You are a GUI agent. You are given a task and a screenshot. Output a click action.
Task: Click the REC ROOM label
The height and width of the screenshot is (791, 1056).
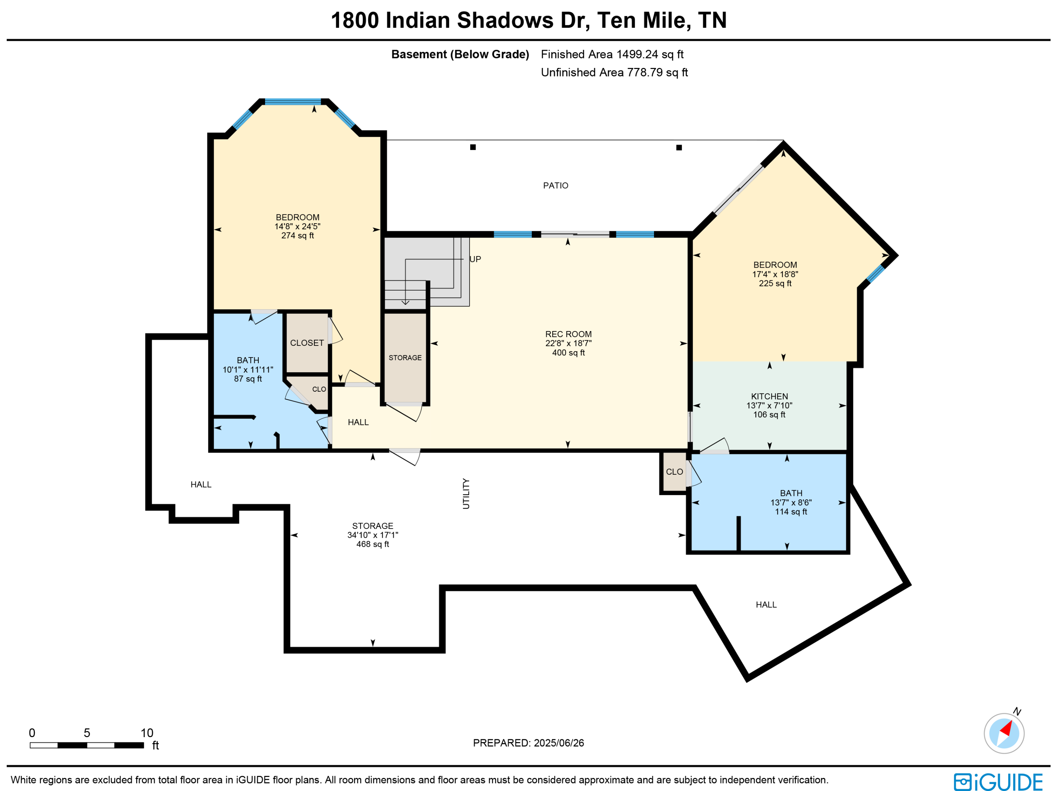pyautogui.click(x=568, y=334)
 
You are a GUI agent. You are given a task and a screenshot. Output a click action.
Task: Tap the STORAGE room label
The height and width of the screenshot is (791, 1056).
pyautogui.click(x=405, y=358)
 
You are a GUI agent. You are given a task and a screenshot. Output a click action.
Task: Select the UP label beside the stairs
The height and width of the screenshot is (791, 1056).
pyautogui.click(x=475, y=259)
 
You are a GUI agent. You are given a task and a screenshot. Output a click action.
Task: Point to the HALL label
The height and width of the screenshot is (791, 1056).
pyautogui.click(x=358, y=422)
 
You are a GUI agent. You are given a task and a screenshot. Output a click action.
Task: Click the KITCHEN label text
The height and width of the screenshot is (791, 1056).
pyautogui.click(x=769, y=397)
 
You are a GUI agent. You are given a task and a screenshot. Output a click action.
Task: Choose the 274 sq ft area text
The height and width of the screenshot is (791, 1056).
pyautogui.click(x=297, y=236)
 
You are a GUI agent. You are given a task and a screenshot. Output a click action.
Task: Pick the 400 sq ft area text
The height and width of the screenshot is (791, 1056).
pyautogui.click(x=568, y=353)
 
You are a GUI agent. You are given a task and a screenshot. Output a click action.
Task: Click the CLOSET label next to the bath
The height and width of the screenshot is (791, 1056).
pyautogui.click(x=307, y=343)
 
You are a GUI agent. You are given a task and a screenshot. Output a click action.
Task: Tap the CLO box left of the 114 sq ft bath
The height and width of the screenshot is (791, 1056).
pyautogui.click(x=674, y=472)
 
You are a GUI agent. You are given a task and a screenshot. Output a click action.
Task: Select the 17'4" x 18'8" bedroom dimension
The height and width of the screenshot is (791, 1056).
pyautogui.click(x=775, y=274)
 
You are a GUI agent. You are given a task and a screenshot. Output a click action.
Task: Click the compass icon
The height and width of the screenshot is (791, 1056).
pyautogui.click(x=1004, y=733)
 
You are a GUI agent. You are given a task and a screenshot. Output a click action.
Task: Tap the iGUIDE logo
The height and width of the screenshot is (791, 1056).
pyautogui.click(x=998, y=781)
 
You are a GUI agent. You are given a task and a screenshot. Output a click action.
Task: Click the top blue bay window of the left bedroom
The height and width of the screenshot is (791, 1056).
pyautogui.click(x=293, y=101)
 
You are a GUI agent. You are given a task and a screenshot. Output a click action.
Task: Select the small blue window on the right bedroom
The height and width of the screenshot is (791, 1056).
pyautogui.click(x=875, y=274)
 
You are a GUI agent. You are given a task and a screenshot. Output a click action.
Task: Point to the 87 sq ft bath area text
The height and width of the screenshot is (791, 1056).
pyautogui.click(x=248, y=379)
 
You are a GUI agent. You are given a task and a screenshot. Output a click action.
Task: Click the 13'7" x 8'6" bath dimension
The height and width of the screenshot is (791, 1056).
pyautogui.click(x=791, y=503)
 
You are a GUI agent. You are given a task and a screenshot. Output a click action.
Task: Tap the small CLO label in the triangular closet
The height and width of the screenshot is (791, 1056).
pyautogui.click(x=319, y=389)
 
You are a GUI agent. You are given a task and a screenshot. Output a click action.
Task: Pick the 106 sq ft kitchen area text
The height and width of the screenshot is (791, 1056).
pyautogui.click(x=769, y=415)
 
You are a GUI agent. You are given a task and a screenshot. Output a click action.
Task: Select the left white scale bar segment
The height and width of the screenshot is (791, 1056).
pyautogui.click(x=44, y=745)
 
